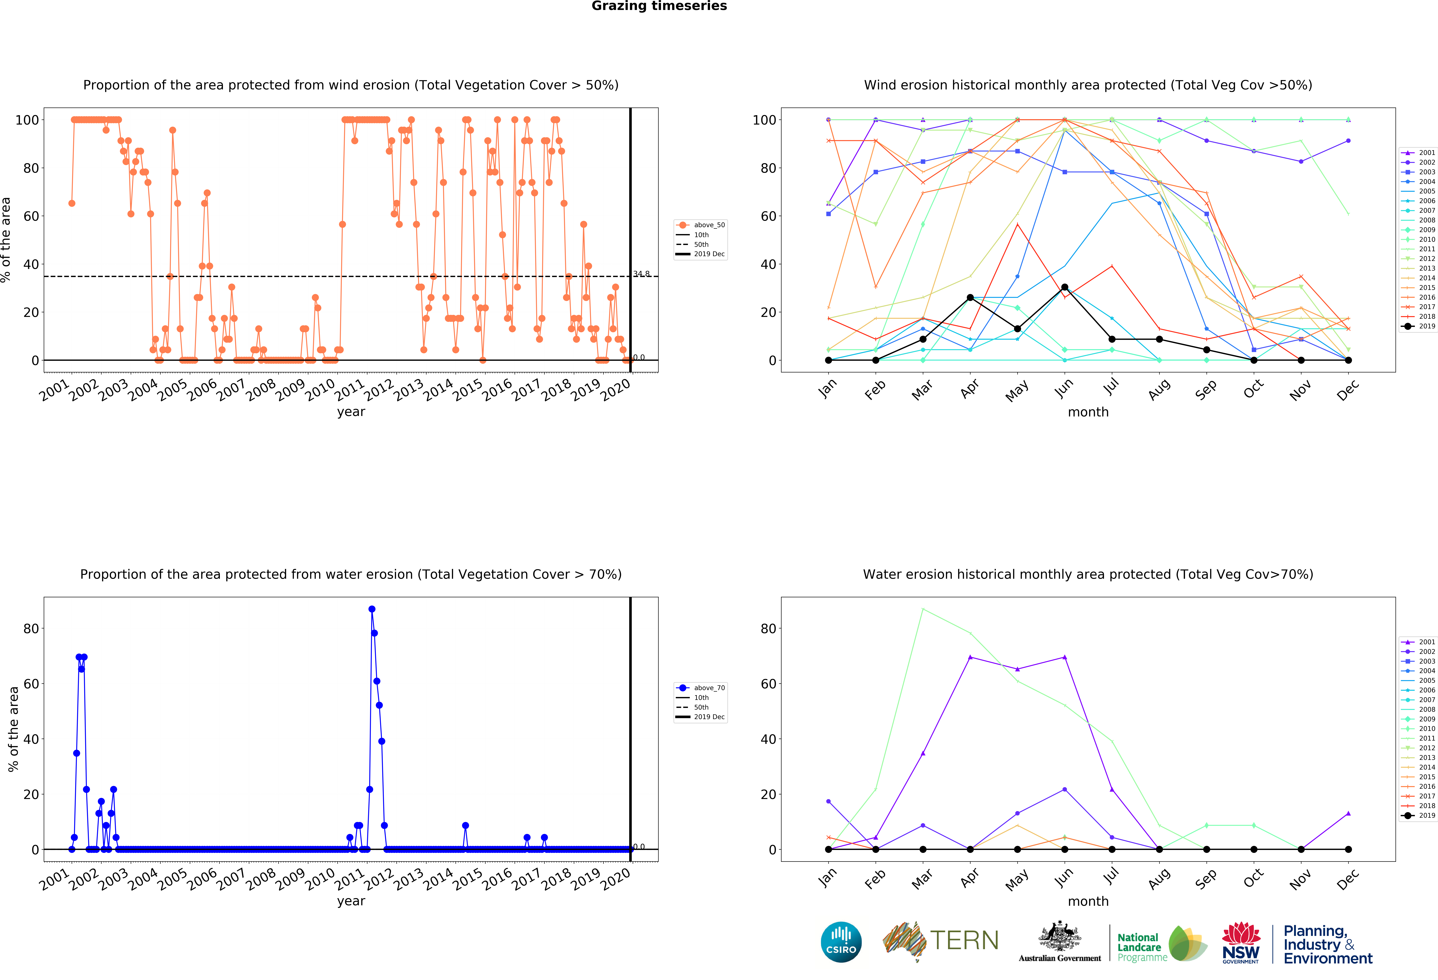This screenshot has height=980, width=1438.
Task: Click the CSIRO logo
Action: (x=841, y=942)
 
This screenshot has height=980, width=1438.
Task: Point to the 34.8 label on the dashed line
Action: (x=641, y=274)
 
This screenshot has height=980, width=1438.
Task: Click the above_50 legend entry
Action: (x=701, y=225)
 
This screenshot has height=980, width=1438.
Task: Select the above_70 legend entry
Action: (x=701, y=688)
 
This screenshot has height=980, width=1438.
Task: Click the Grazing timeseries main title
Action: (x=659, y=6)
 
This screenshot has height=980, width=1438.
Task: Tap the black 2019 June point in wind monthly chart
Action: (x=1064, y=287)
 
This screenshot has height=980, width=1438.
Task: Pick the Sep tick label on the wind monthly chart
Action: (x=1207, y=390)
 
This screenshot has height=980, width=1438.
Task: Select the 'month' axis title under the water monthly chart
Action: (x=1088, y=901)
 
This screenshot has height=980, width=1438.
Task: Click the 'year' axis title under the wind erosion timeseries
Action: (x=351, y=412)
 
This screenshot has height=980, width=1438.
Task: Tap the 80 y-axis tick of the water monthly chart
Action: (x=768, y=629)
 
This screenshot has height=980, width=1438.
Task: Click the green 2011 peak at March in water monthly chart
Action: (x=923, y=609)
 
